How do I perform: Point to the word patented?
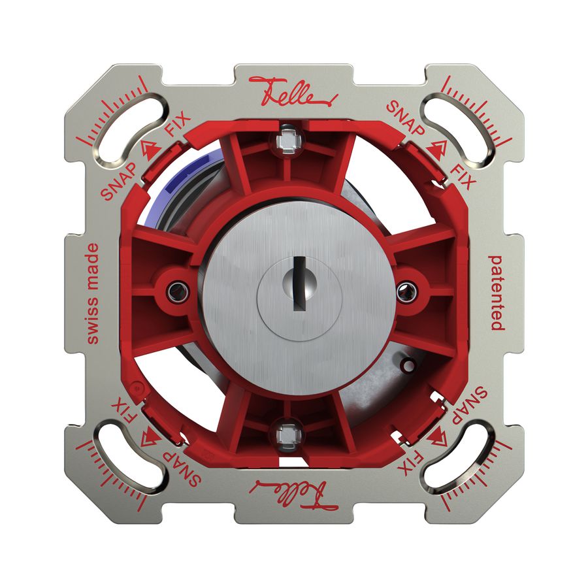497,292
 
